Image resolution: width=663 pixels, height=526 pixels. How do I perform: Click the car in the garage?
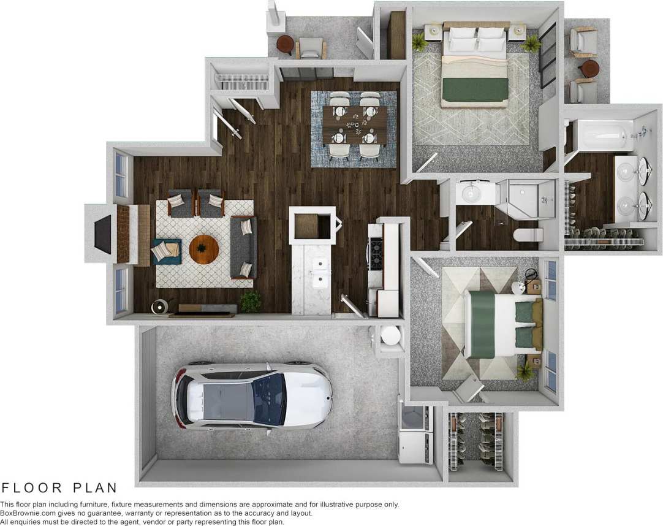pos(253,398)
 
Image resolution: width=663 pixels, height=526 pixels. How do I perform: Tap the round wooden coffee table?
pos(204,248)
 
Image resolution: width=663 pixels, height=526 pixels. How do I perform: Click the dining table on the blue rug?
pos(354,124)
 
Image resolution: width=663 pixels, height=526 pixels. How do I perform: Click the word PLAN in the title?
pos(95,488)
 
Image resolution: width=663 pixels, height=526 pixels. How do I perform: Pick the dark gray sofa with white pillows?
pos(243,248)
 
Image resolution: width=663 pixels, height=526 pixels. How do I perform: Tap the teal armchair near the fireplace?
pos(166,250)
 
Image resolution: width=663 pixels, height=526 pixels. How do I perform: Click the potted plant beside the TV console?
pos(250,300)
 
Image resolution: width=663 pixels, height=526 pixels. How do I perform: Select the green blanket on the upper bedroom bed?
pos(475,90)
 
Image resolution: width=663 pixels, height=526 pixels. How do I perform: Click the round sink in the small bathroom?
pos(470,193)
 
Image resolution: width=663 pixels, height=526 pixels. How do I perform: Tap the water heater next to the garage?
pos(390,336)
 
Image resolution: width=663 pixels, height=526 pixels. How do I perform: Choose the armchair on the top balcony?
pos(311,47)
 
